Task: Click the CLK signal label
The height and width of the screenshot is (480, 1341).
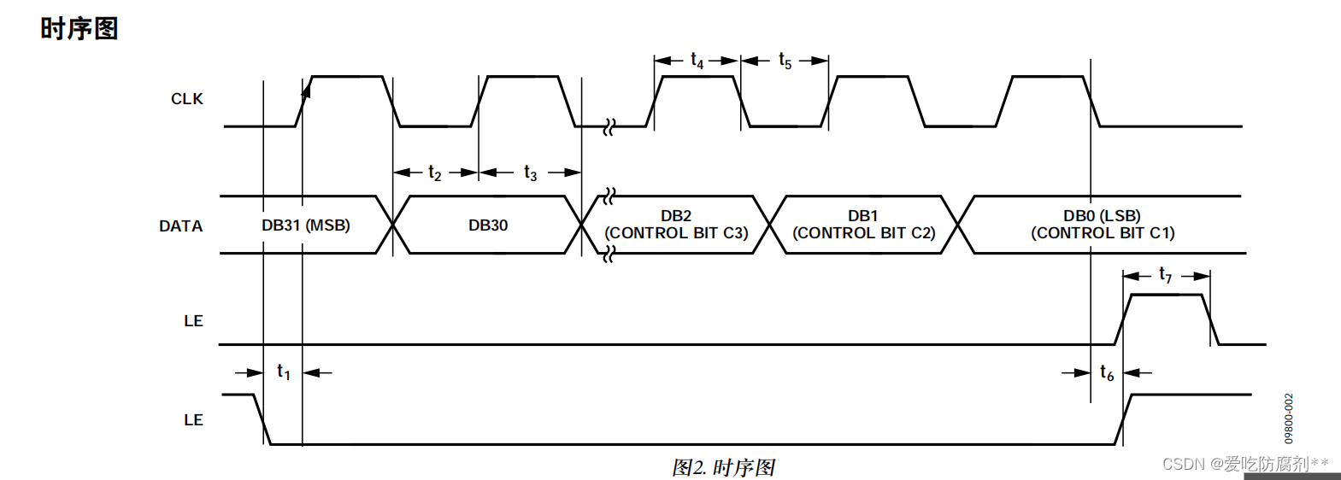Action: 186,99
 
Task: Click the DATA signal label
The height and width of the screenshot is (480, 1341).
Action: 180,226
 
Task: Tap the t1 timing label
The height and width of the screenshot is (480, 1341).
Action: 284,372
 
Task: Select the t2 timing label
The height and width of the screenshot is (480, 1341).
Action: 435,173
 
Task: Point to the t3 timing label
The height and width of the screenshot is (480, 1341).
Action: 531,173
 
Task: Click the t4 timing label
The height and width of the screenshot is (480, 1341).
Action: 697,61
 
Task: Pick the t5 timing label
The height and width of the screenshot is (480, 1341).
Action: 785,61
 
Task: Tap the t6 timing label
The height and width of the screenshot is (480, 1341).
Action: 1107,373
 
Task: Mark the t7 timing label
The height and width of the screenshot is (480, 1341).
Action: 1166,275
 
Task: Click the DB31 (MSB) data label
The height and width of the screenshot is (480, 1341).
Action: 306,225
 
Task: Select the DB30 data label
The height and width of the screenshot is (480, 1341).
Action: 488,225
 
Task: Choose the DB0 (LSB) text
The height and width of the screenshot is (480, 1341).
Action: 1102,216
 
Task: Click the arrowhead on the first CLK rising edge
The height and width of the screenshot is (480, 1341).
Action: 306,89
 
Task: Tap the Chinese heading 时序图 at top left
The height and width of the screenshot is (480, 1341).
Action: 79,28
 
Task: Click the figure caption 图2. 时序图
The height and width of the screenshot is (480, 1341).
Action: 723,467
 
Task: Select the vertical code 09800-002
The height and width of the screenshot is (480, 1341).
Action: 1289,419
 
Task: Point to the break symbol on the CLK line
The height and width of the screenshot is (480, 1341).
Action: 609,128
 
